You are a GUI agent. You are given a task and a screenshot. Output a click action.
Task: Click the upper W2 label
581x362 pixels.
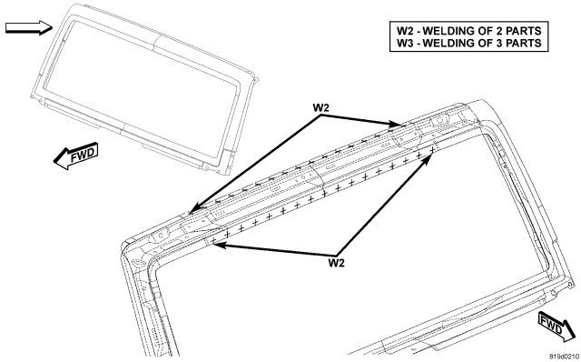(x=320, y=107)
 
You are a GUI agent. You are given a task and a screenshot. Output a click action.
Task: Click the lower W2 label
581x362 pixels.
(x=337, y=263)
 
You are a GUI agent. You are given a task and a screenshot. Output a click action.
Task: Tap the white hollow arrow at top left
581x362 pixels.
(x=29, y=27)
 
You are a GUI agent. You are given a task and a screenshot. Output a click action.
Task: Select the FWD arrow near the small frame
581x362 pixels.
(x=76, y=156)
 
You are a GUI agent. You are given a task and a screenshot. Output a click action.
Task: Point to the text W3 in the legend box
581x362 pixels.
(x=405, y=43)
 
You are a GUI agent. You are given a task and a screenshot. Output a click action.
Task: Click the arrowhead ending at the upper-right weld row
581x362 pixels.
(x=396, y=124)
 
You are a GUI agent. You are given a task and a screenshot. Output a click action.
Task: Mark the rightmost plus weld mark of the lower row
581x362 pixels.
(x=432, y=149)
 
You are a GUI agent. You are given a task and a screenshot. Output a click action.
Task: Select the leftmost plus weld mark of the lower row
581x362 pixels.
(x=214, y=240)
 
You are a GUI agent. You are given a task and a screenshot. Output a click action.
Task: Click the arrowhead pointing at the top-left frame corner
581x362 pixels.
(x=194, y=209)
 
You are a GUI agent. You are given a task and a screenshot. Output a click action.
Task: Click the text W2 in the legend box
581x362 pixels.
(x=405, y=30)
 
